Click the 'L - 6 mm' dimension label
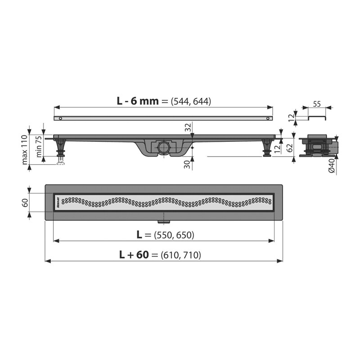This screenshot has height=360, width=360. pyautogui.click(x=138, y=101)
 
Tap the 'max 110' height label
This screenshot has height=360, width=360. pyautogui.click(x=25, y=149)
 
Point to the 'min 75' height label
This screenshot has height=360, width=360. pyautogui.click(x=39, y=147)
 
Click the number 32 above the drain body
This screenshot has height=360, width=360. pyautogui.click(x=188, y=127)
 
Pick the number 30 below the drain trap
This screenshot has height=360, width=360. pyautogui.click(x=188, y=164)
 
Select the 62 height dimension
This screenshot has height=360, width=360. pyautogui.click(x=290, y=148)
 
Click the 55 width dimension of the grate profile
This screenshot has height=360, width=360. pyautogui.click(x=317, y=104)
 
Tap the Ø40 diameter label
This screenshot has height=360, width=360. pyautogui.click(x=332, y=166)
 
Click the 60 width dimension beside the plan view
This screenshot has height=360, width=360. pyautogui.click(x=25, y=202)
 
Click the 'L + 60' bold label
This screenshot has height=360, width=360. pyautogui.click(x=134, y=255)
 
